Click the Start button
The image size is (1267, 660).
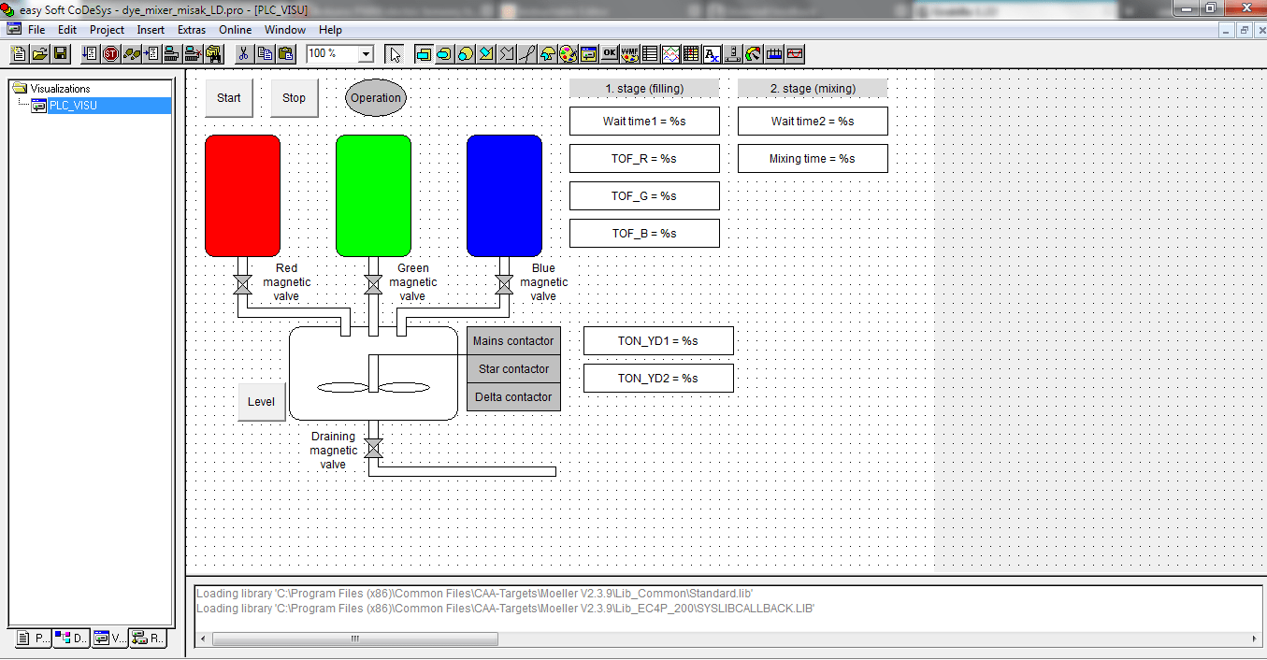pyautogui.click(x=228, y=98)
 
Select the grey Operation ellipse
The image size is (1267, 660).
pyautogui.click(x=376, y=98)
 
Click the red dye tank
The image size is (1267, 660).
pyautogui.click(x=242, y=195)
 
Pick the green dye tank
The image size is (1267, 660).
pyautogui.click(x=373, y=195)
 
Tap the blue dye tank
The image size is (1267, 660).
pyautogui.click(x=504, y=195)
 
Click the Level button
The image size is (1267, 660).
pyautogui.click(x=261, y=402)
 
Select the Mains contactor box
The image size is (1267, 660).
pyautogui.click(x=513, y=341)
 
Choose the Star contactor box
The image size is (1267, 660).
pyautogui.click(x=513, y=369)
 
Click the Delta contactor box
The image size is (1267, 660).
pyautogui.click(x=513, y=397)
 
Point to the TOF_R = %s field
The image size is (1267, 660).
pyautogui.click(x=644, y=159)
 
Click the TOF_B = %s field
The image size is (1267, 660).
pyautogui.click(x=644, y=234)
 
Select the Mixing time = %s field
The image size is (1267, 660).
pyautogui.click(x=813, y=159)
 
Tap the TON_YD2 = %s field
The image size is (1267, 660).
pyautogui.click(x=658, y=379)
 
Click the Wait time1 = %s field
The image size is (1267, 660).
pyautogui.click(x=644, y=122)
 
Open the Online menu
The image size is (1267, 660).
pyautogui.click(x=236, y=30)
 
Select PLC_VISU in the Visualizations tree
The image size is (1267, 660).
pyautogui.click(x=73, y=106)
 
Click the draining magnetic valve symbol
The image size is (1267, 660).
pyautogui.click(x=373, y=449)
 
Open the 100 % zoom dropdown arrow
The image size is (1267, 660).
pyautogui.click(x=366, y=54)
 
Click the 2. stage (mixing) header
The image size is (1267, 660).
pyautogui.click(x=813, y=89)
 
